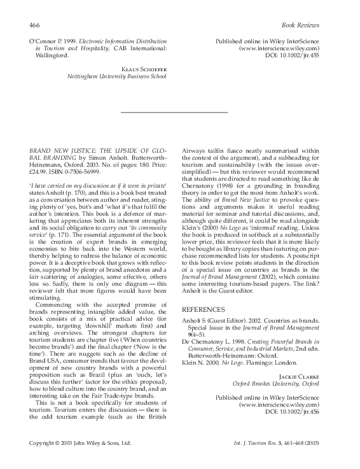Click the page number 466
click(35, 25)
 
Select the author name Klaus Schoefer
click(146, 67)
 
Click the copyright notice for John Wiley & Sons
click(80, 442)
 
